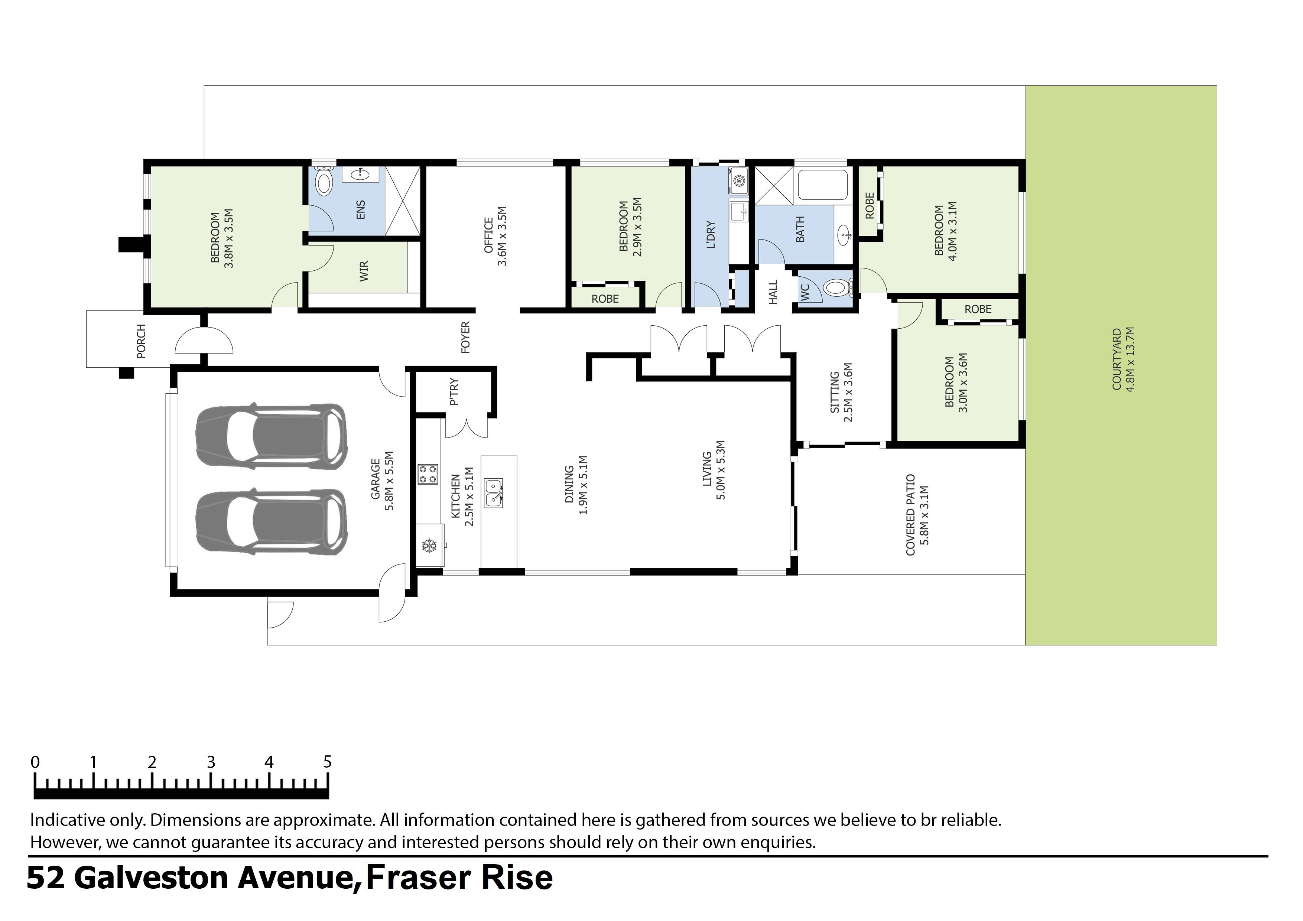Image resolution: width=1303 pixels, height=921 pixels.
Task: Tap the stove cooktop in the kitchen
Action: [428, 474]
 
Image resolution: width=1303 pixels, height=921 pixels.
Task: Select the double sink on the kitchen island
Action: [494, 492]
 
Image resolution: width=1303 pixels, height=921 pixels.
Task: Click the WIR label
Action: [364, 271]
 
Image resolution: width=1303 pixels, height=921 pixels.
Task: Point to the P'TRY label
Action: [454, 393]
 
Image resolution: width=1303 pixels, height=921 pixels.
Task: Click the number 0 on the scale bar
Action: [35, 762]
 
